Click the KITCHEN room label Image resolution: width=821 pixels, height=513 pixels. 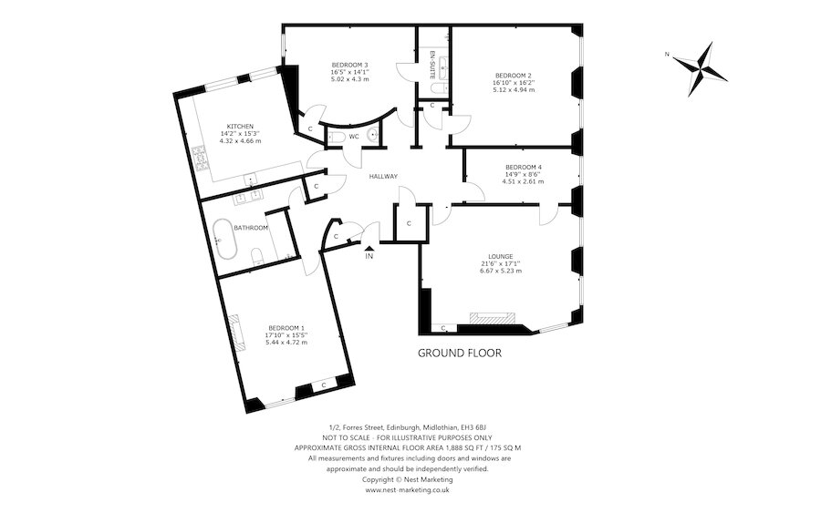(240, 127)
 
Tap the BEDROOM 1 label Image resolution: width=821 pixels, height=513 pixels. (286, 328)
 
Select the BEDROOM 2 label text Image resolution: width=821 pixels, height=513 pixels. (514, 76)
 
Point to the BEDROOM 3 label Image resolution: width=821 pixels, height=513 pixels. (349, 65)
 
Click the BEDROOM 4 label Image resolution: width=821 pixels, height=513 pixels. (523, 167)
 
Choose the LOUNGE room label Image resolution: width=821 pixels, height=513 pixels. (499, 257)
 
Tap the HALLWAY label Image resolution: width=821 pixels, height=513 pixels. (383, 176)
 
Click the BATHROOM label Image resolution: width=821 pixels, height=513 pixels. (251, 228)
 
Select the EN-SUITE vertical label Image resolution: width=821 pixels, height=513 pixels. (432, 65)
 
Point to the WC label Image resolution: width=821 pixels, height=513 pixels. (353, 137)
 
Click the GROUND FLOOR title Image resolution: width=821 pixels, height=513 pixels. (459, 353)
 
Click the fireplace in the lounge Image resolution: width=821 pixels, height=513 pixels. (492, 319)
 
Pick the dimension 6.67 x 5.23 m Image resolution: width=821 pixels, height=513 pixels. (499, 272)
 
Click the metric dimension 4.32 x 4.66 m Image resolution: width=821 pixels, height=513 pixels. (240, 141)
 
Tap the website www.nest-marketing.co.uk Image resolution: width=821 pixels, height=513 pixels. (408, 490)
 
